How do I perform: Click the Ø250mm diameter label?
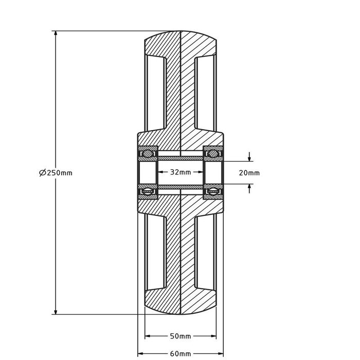pos(56,173)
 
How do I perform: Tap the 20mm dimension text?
pos(249,173)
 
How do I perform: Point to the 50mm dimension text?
pos(180,336)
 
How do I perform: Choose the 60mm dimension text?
pos(180,354)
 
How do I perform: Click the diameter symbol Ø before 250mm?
pos(43,173)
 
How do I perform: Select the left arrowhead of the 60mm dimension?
pos(139,354)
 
